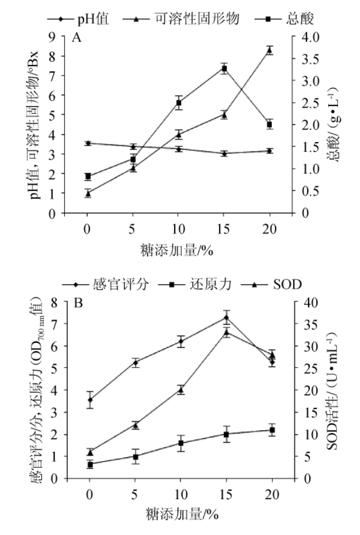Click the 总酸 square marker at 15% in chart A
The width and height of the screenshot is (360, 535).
[224, 69]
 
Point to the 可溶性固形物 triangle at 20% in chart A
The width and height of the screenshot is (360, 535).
[269, 50]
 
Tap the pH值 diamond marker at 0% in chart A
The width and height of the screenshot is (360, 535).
[87, 143]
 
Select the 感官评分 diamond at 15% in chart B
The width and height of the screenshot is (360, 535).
[226, 317]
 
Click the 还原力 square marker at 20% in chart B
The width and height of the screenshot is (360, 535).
[272, 430]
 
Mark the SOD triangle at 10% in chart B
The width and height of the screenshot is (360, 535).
[181, 389]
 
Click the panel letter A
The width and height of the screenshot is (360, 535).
[77, 38]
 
